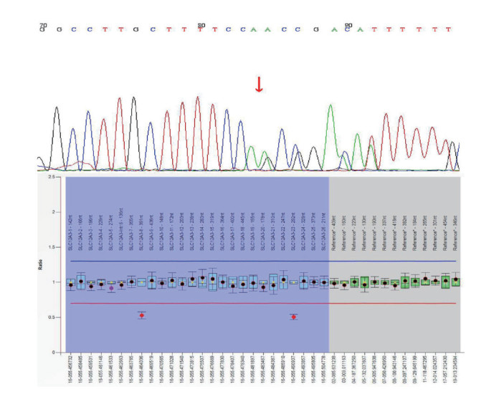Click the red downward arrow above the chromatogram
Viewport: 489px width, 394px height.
coord(259,84)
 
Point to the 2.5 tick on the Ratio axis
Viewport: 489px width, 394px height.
coord(52,176)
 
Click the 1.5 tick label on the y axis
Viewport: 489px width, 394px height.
coord(52,247)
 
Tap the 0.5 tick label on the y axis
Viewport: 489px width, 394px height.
coord(52,317)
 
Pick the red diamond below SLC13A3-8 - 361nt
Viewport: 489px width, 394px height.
coord(142,315)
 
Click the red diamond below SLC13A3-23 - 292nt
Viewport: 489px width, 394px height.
coord(293,317)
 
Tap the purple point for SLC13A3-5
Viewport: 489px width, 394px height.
coord(111,288)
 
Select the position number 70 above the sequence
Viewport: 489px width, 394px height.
coord(43,25)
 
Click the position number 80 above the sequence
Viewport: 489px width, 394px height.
coord(201,25)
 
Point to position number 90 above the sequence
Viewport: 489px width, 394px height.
coord(348,25)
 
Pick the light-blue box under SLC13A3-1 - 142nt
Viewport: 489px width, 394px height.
coord(70,284)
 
